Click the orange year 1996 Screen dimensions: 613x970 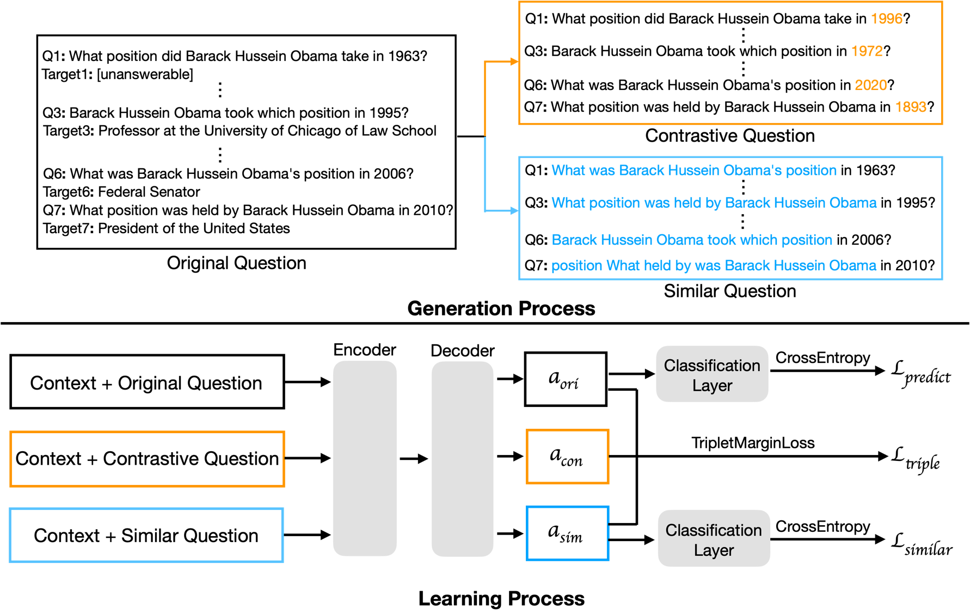click(886, 19)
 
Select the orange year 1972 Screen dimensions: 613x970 click(867, 51)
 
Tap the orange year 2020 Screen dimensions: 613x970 click(870, 85)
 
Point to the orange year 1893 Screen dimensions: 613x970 click(911, 107)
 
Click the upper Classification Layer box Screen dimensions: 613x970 click(712, 374)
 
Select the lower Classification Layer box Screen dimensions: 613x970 click(714, 538)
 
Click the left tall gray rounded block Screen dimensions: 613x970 click(365, 458)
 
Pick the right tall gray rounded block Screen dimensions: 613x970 click(462, 459)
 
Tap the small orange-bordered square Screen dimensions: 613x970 click(567, 457)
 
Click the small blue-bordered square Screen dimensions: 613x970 click(567, 533)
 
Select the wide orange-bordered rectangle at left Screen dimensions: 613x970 click(147, 459)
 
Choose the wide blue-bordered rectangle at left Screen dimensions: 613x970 click(146, 535)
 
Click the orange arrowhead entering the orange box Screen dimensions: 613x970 click(514, 62)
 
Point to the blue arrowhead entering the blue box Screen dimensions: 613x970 click(514, 210)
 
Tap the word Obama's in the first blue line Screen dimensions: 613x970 click(755, 171)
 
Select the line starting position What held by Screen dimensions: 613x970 click(713, 266)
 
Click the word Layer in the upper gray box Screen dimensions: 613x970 click(712, 386)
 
